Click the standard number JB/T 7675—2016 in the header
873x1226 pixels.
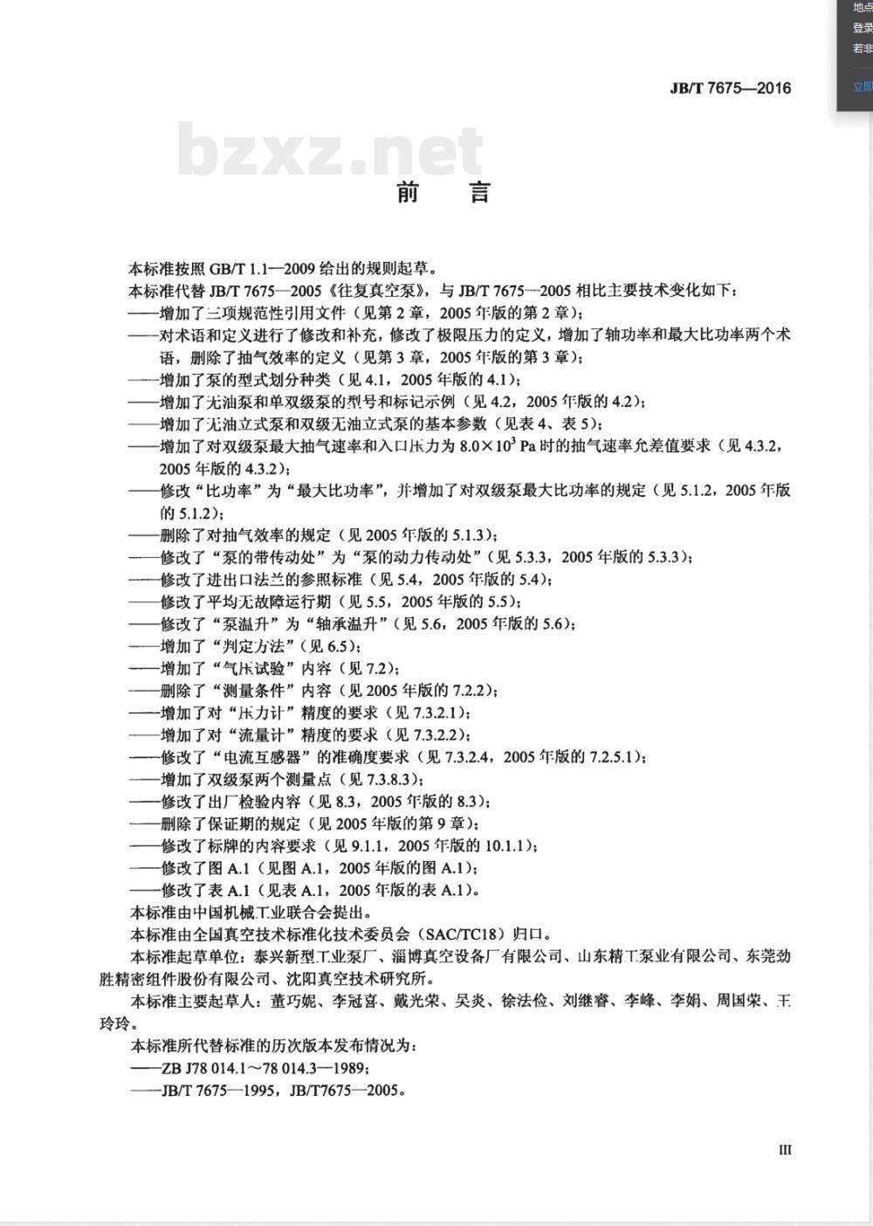click(730, 87)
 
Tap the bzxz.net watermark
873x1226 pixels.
click(330, 150)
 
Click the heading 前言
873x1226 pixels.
click(443, 192)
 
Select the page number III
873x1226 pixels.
click(785, 1150)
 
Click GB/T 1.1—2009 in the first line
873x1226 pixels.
click(258, 268)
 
